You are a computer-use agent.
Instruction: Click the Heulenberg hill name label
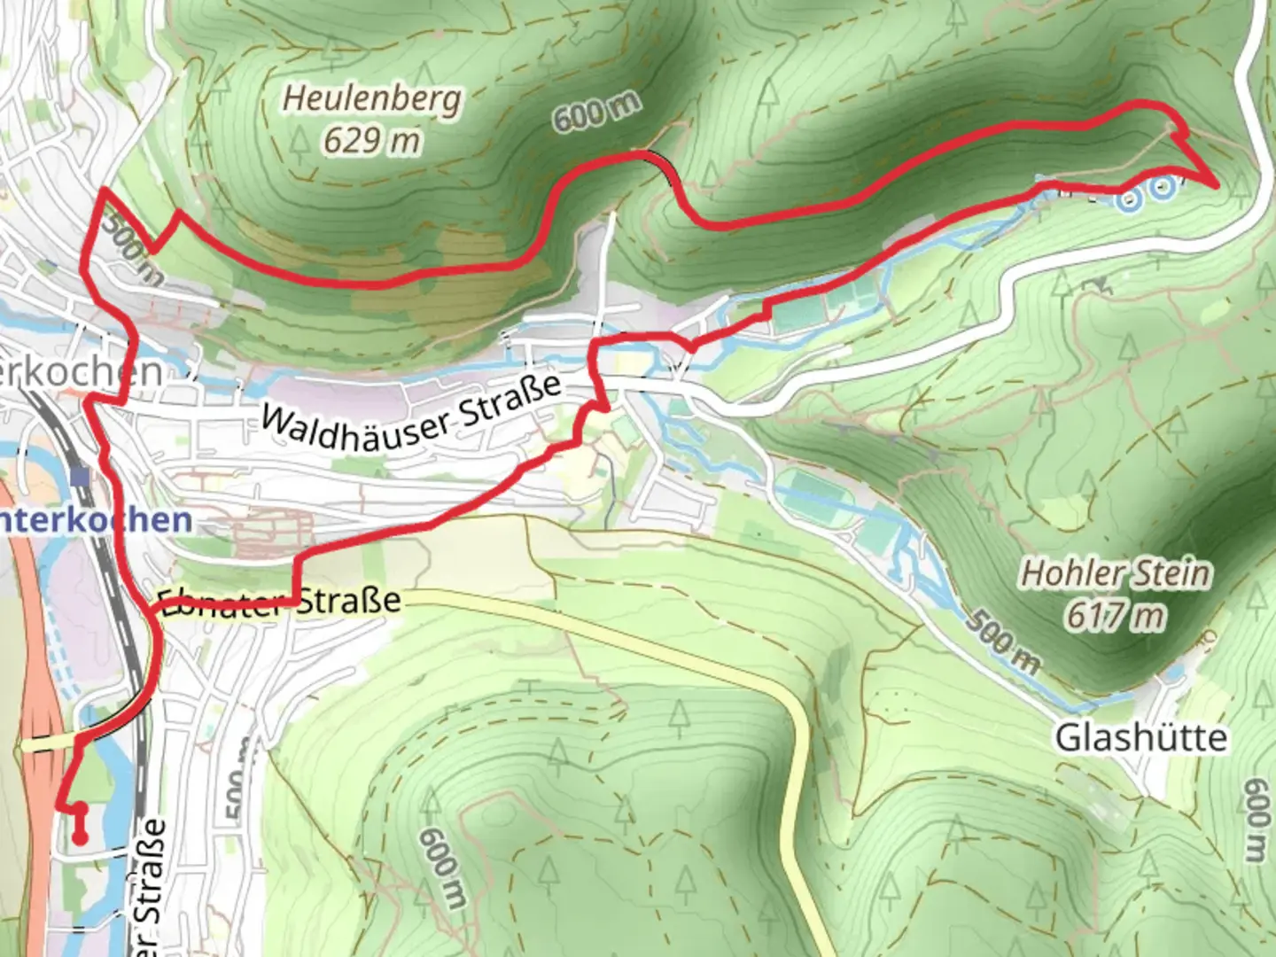coord(371,97)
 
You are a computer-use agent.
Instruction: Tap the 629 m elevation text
coord(371,139)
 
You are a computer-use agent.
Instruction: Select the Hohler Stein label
coord(1116,573)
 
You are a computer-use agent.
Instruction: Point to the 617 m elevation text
coord(1116,614)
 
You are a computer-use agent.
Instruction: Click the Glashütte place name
coord(1141,737)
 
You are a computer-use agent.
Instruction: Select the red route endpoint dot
coord(79,837)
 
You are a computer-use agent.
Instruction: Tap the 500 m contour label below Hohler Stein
coord(1002,640)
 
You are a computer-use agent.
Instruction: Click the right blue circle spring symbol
coord(1163,186)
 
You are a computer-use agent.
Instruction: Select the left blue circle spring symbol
coord(1128,200)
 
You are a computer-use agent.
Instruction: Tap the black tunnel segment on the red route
coord(665,165)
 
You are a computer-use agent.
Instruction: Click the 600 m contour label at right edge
coord(1256,821)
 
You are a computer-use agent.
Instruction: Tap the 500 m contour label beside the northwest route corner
coord(130,249)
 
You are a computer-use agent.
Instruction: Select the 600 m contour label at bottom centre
coord(442,869)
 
